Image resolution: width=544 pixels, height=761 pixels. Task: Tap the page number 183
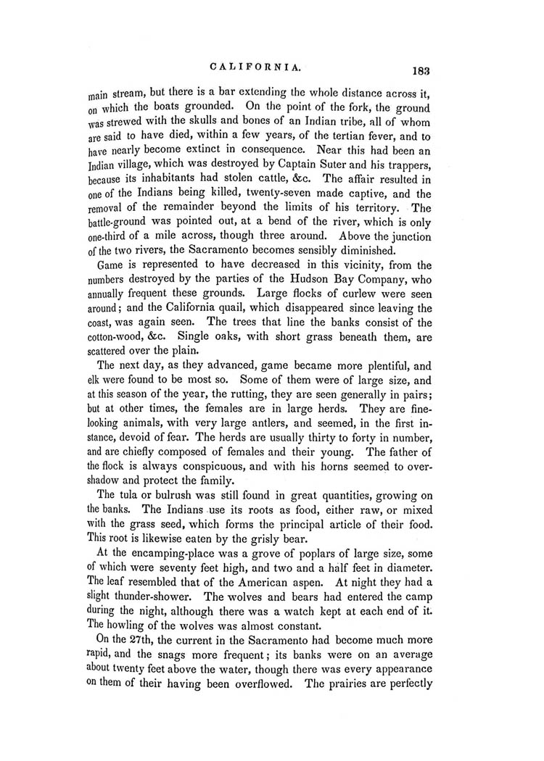[x=420, y=71]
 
